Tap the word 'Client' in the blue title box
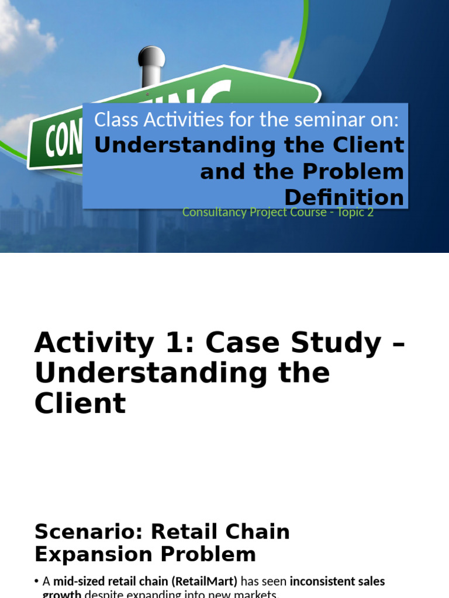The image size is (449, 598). pos(369,145)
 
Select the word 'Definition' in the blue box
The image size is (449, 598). pos(344,197)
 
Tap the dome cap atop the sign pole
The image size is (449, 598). pos(151,57)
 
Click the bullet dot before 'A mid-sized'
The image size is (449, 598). pos(37,582)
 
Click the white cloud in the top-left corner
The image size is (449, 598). pos(23,32)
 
